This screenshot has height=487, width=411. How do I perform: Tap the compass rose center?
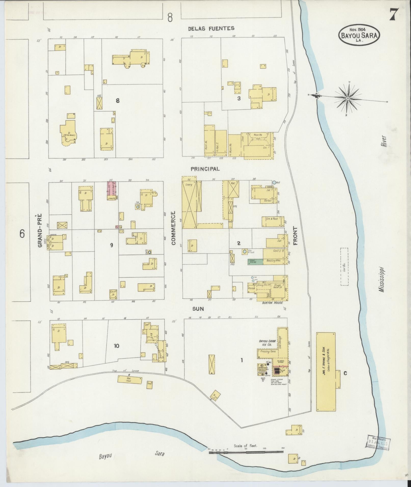point(348,98)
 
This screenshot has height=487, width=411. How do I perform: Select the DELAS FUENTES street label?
point(211,28)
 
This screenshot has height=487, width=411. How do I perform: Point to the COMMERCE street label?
point(174,228)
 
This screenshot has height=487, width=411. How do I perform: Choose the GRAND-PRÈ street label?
point(40,230)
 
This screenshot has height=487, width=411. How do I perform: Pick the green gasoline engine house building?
point(255,261)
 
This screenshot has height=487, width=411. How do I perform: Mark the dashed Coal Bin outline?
point(344,267)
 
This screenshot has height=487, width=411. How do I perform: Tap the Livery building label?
point(189,185)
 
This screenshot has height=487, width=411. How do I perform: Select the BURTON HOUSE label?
point(272,303)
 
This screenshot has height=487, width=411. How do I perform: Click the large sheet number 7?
point(394,16)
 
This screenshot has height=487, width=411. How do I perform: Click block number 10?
point(116,346)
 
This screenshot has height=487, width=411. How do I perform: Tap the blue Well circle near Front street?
point(274,182)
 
